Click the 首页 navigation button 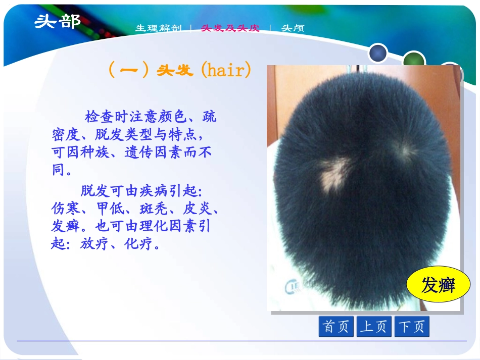coord(336,326)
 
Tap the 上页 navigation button coord(374,326)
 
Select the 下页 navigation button coord(412,326)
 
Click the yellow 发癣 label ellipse coord(438,284)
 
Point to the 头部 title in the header coord(57,22)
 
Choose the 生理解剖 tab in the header coord(159,28)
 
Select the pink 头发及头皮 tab coord(230,28)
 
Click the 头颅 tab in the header coord(293,28)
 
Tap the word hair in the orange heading coord(225,70)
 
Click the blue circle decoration coord(378,53)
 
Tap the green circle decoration coord(414,59)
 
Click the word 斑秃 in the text coord(154,209)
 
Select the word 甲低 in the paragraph coord(110,209)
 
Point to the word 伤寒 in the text coord(65,209)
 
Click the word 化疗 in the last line coord(138,244)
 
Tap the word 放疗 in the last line coord(94,244)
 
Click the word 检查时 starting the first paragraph coord(107,117)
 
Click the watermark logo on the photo coord(293,287)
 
